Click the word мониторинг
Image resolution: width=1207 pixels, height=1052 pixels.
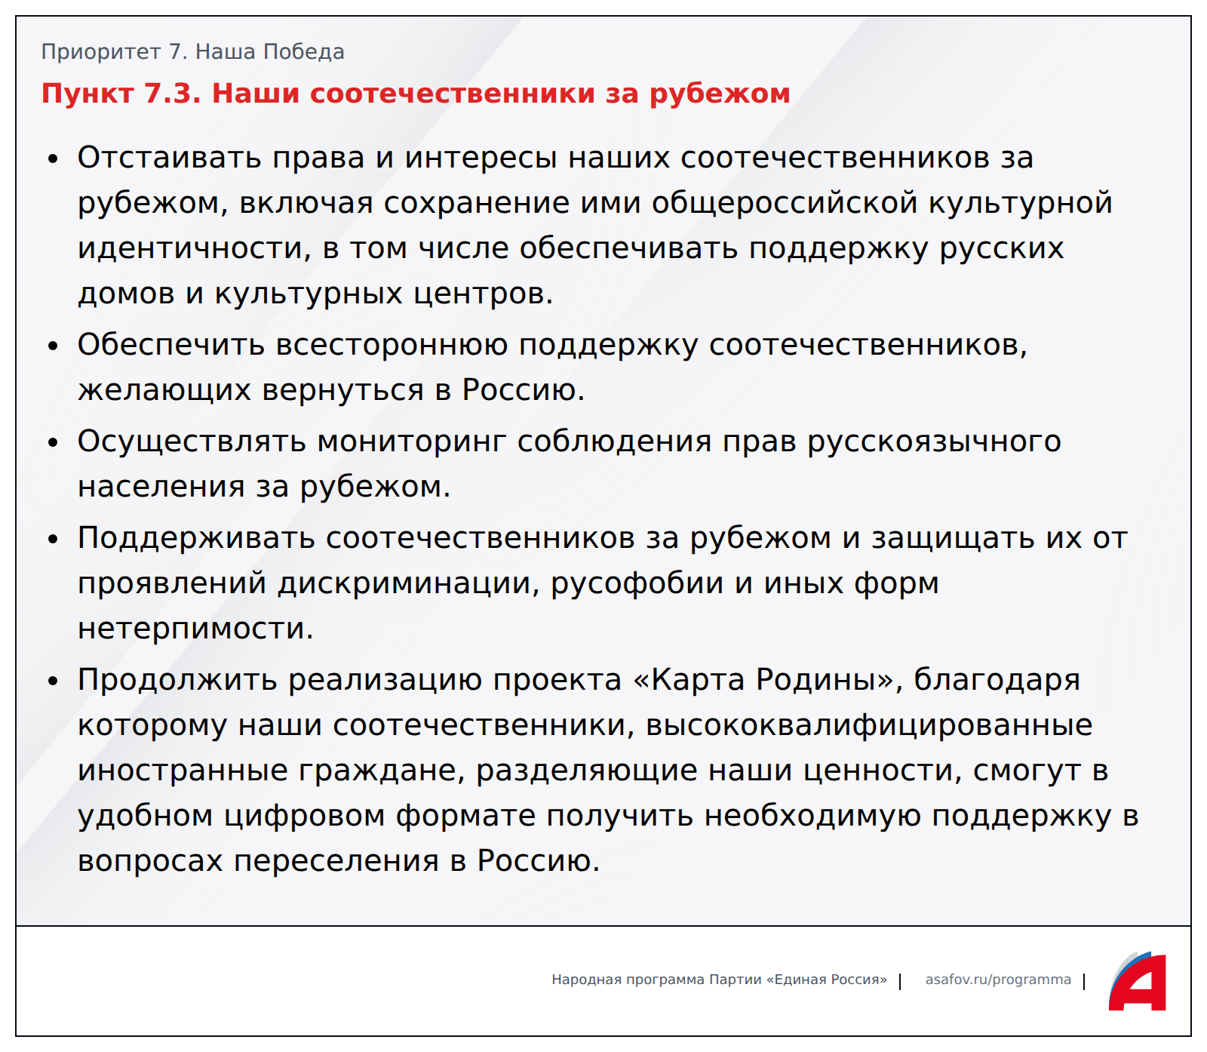tap(411, 441)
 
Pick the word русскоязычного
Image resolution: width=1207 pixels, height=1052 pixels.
tap(934, 442)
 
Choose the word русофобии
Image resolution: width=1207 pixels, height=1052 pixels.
tap(637, 584)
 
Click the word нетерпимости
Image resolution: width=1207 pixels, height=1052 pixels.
tap(195, 629)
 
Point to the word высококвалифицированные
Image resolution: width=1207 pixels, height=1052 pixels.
tap(869, 726)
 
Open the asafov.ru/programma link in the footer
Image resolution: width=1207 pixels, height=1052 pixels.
tap(998, 980)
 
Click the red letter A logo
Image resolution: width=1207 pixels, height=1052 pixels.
tap(1138, 981)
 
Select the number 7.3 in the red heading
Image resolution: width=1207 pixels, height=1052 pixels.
tap(173, 94)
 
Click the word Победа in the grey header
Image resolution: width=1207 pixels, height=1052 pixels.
tap(304, 52)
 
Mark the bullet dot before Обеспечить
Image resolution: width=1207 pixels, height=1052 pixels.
tap(53, 346)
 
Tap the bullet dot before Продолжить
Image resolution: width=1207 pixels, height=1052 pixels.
tap(53, 681)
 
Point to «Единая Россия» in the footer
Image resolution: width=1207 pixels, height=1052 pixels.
tap(827, 980)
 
